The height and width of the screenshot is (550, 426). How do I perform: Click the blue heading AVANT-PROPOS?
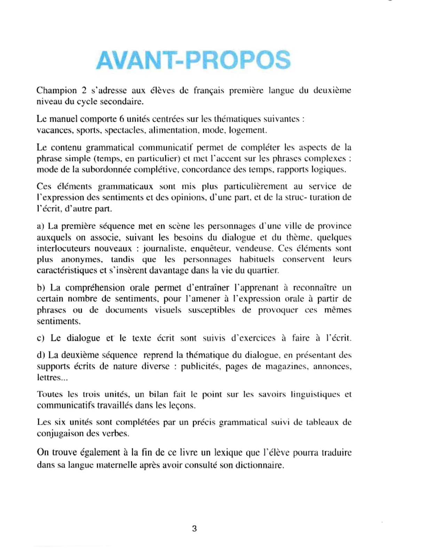coord(193,60)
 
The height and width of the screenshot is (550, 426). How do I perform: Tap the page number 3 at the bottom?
coord(194,529)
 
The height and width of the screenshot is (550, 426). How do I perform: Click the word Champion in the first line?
coord(57,90)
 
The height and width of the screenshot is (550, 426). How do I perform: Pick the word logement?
coord(247,130)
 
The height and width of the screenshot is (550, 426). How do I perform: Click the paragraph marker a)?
coord(41,226)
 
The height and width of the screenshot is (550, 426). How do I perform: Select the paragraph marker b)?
coord(41,288)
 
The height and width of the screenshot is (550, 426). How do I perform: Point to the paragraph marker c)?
coord(41,338)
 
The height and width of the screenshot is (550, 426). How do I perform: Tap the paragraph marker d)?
coord(41,355)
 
